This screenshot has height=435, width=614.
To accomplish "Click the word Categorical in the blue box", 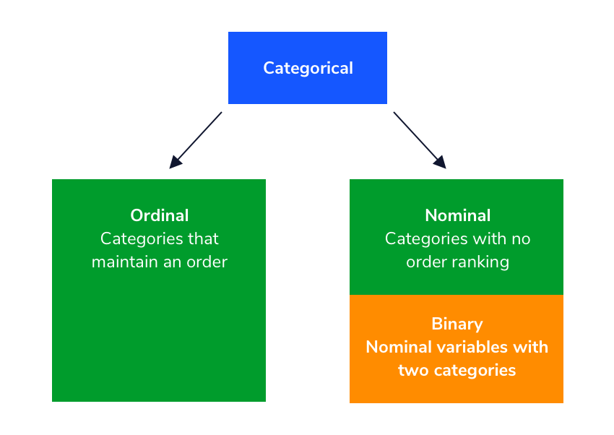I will click(x=308, y=68).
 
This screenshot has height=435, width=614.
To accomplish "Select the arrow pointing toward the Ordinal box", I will click(x=196, y=139).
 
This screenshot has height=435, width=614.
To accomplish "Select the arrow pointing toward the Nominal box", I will click(x=419, y=139).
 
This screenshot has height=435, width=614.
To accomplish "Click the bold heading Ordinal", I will click(x=159, y=215).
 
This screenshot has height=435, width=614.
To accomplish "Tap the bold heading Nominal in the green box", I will click(x=457, y=215).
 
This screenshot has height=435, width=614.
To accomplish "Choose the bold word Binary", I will click(x=457, y=324).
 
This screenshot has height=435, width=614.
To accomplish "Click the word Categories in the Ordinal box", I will click(x=141, y=238).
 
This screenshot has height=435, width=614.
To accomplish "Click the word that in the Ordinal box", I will click(x=202, y=238).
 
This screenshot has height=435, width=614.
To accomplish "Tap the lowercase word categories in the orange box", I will click(x=473, y=371).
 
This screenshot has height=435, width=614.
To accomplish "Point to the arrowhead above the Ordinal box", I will click(x=174, y=163).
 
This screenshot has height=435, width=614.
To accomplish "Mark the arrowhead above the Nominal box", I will click(x=441, y=163).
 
